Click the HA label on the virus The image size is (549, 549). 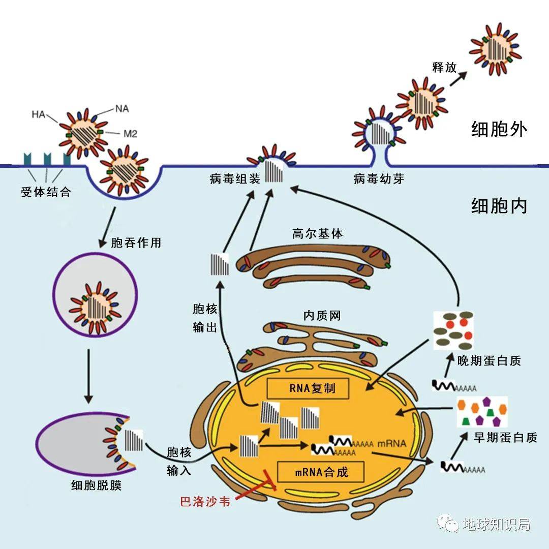coord(39,114)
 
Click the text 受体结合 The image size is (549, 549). coord(46,193)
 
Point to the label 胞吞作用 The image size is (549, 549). coord(136,242)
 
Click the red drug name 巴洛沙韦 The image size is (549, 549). coord(205,502)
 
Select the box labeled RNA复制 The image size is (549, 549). coord(309,389)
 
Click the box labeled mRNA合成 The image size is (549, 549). coord(321,472)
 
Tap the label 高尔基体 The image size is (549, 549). coord(318,234)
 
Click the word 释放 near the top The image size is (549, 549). coord(444,67)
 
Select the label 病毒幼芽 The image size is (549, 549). coord(379,179)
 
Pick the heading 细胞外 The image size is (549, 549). coord(499,130)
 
